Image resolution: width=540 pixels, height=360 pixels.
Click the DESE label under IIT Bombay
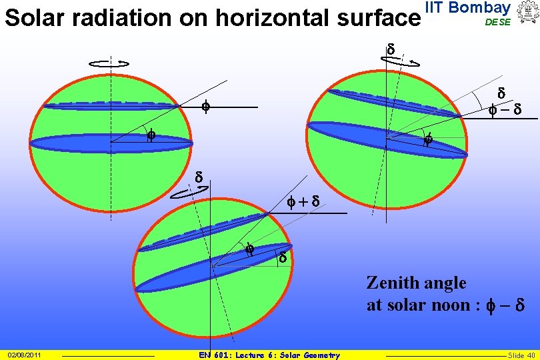click(497, 22)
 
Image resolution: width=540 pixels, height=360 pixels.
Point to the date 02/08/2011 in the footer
click(25, 355)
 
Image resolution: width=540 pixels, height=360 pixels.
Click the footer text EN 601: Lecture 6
click(270, 355)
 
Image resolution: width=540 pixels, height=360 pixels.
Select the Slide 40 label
click(521, 355)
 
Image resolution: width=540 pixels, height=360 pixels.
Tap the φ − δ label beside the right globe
click(504, 109)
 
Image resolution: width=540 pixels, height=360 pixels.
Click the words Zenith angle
click(416, 283)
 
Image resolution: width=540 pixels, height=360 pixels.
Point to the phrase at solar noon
click(421, 305)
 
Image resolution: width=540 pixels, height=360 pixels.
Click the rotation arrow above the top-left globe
click(109, 63)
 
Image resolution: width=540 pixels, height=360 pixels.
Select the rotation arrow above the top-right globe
click(401, 61)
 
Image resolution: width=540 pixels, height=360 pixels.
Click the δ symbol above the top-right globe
click(391, 48)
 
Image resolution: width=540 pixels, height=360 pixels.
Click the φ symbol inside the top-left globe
click(151, 136)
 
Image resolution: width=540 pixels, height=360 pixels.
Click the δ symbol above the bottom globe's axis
click(198, 177)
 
